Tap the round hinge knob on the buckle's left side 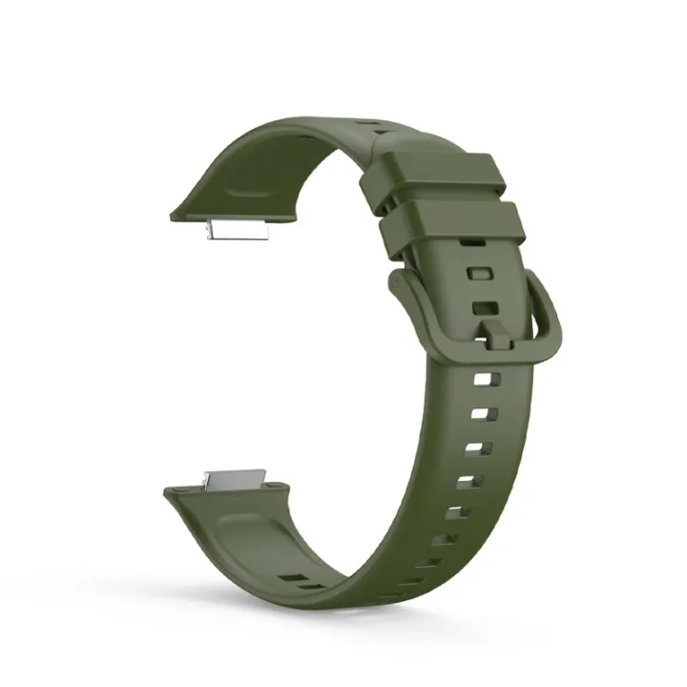tap(393, 282)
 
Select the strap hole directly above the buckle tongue tap(485, 308)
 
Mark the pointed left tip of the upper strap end tap(171, 218)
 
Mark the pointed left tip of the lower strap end tap(166, 490)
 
